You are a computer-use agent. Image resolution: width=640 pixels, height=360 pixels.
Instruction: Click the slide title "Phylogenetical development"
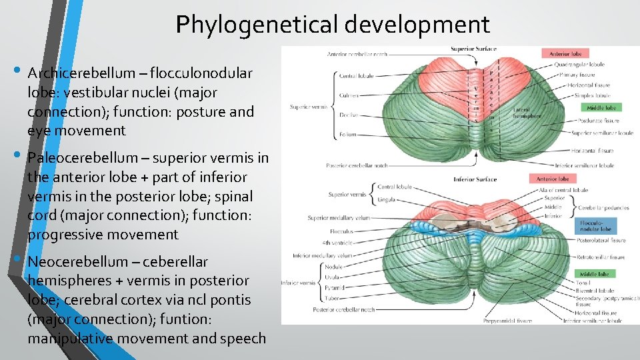tap(333, 25)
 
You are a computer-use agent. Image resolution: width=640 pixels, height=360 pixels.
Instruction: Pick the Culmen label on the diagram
tap(347, 96)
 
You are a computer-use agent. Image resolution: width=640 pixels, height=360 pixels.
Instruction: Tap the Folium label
tap(347, 134)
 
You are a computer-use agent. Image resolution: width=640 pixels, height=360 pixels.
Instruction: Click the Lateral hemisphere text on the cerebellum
tap(527, 112)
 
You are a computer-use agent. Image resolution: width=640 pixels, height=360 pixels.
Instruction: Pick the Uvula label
tap(333, 277)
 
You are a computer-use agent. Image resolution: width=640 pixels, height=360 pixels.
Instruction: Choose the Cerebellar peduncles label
tap(604, 207)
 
